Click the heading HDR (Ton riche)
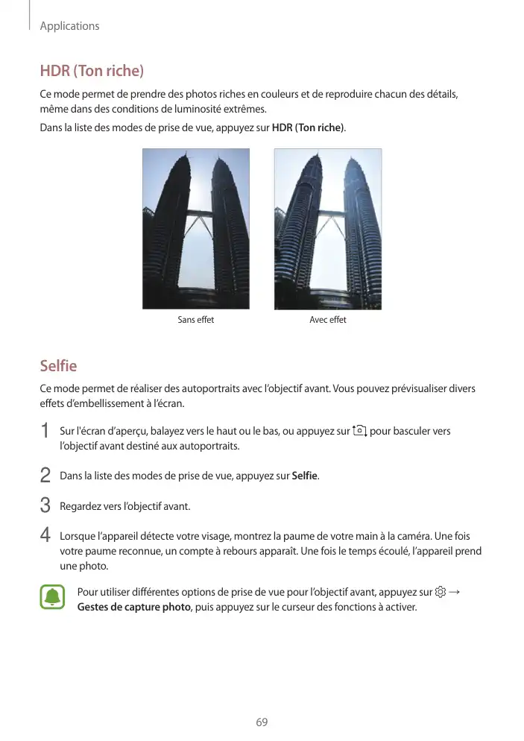tap(91, 72)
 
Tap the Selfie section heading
tap(58, 366)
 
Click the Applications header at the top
tap(69, 26)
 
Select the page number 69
tap(262, 722)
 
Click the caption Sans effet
tap(195, 320)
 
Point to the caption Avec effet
tap(328, 320)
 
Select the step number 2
tap(45, 475)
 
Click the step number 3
tap(45, 506)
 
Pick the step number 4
tap(45, 536)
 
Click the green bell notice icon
tap(52, 598)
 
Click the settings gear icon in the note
tap(441, 593)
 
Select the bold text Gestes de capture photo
tap(133, 607)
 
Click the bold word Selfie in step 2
tap(304, 476)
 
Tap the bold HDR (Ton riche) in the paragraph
tap(308, 128)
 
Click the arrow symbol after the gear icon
tap(455, 593)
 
